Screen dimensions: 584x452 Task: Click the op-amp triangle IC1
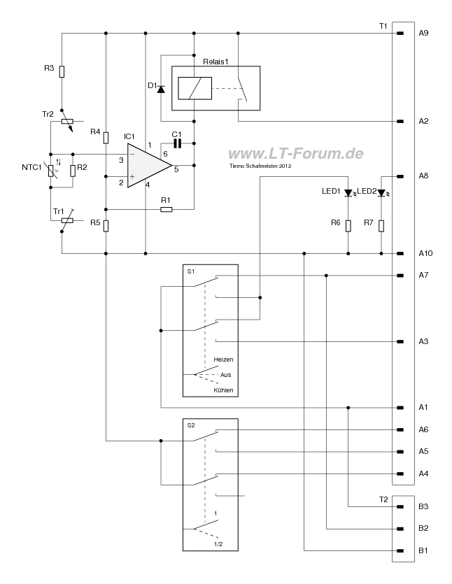(147, 165)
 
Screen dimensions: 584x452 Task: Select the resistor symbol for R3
(62, 71)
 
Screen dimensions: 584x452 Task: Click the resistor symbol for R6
(348, 225)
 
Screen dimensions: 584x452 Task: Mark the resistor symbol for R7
(381, 225)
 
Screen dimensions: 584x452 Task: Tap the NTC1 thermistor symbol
(51, 169)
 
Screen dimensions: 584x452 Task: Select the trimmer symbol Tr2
(68, 121)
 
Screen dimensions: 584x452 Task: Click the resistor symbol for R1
(166, 208)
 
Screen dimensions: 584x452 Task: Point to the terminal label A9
(424, 34)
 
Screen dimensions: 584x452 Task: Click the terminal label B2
(423, 529)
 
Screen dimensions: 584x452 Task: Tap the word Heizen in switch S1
(223, 359)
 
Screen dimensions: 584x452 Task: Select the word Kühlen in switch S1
(223, 390)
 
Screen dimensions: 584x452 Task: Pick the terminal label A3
(423, 341)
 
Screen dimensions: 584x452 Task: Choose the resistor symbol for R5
(106, 225)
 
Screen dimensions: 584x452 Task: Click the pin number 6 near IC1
(165, 153)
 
